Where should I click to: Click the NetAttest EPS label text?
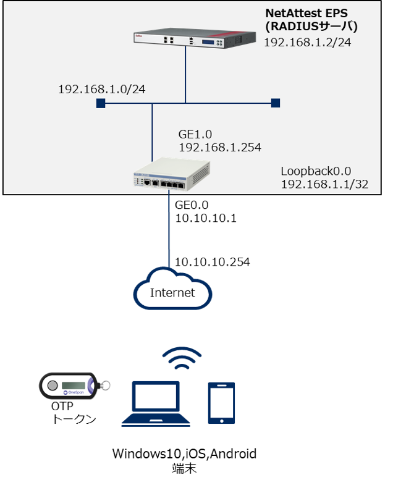point(306,14)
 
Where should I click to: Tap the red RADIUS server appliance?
point(195,39)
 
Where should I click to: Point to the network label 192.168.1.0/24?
point(102,90)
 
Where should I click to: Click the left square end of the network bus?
point(100,103)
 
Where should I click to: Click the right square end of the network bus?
point(276,103)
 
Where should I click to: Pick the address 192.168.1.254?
point(220,148)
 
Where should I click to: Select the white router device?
point(171,174)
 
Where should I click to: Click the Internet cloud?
point(172,288)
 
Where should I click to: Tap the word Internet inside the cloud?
point(172,292)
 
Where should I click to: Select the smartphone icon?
point(222,403)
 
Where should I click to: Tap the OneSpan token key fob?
point(69,386)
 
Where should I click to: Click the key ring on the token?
point(105,386)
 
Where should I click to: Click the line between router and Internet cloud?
point(169,229)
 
